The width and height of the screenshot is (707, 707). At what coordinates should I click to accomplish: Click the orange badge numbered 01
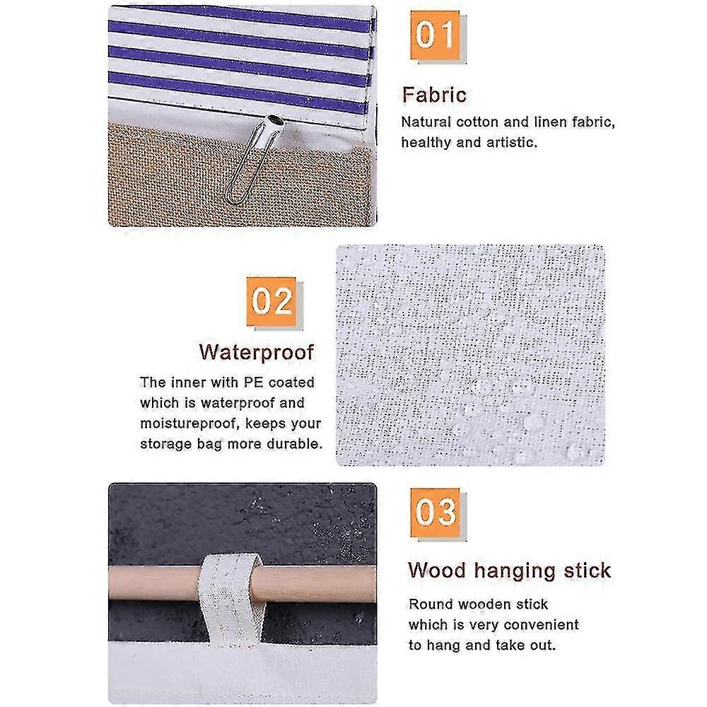pyautogui.click(x=435, y=35)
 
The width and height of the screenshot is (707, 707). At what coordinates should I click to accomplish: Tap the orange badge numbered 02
pyautogui.click(x=271, y=301)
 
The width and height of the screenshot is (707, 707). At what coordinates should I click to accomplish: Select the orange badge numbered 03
pyautogui.click(x=435, y=512)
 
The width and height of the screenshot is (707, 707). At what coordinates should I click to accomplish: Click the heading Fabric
pyautogui.click(x=434, y=95)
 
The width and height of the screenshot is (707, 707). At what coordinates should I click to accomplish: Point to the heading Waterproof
pyautogui.click(x=257, y=352)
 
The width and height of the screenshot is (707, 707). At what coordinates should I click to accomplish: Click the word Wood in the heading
pyautogui.click(x=437, y=571)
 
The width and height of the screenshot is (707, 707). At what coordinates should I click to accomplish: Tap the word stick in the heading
pyautogui.click(x=588, y=571)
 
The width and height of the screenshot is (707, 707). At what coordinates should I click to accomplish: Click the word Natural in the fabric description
pyautogui.click(x=426, y=122)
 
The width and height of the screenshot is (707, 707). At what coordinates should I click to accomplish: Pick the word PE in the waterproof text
pyautogui.click(x=253, y=382)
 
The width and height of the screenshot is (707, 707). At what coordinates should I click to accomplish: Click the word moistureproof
pyautogui.click(x=189, y=423)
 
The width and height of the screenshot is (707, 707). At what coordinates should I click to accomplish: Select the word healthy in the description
pyautogui.click(x=426, y=143)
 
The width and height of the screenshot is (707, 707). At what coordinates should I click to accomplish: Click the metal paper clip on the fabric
pyautogui.click(x=255, y=158)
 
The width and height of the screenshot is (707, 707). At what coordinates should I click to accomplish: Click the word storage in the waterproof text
pyautogui.click(x=166, y=445)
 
